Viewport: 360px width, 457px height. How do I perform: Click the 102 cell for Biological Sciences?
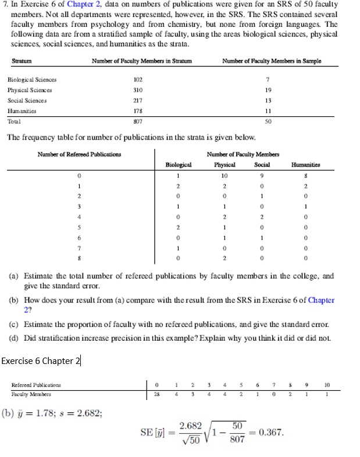click(138, 80)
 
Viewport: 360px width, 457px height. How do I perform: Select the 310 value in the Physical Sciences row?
click(138, 90)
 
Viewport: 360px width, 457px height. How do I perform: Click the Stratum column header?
click(20, 62)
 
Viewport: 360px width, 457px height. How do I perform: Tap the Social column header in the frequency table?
click(262, 165)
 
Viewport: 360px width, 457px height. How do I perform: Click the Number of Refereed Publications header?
click(72, 154)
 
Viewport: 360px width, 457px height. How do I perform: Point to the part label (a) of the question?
click(12, 276)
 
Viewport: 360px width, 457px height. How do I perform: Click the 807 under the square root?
click(237, 442)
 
